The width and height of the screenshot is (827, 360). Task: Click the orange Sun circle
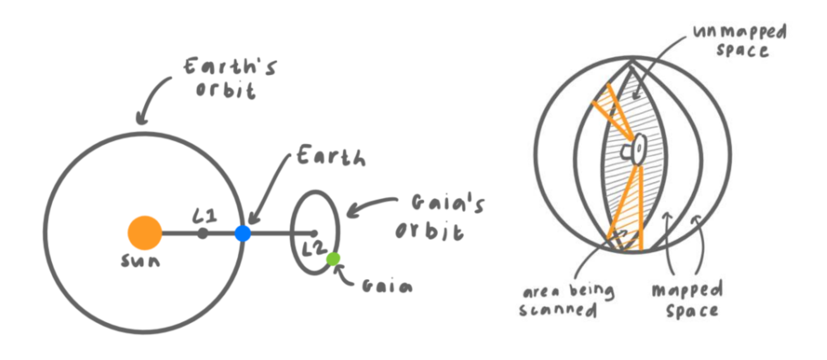tap(144, 233)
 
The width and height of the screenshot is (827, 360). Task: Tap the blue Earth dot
tap(243, 234)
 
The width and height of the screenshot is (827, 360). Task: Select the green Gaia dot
tap(333, 259)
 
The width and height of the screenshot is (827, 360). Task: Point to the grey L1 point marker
tap(203, 234)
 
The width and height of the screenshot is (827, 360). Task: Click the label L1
tap(205, 215)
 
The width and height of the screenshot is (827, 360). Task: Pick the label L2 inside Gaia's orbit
tap(314, 248)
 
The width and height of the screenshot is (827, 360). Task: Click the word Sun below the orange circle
tap(140, 261)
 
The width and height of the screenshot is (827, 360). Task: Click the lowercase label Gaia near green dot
tap(387, 286)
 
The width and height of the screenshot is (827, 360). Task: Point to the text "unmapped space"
tap(741, 40)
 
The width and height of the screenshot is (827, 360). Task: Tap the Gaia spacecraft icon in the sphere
tap(635, 149)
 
